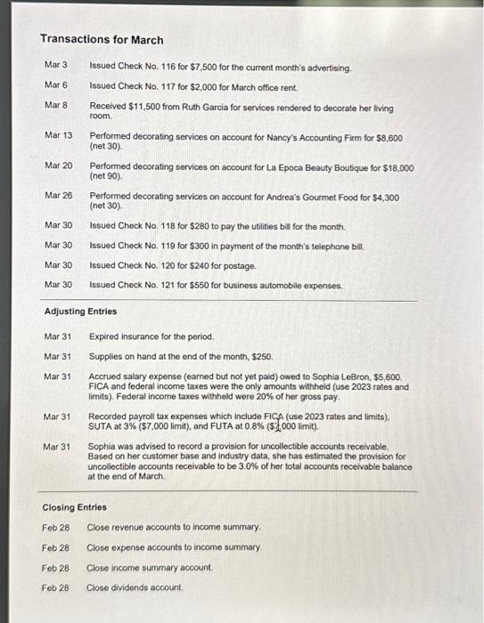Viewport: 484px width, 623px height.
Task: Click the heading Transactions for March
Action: (102, 40)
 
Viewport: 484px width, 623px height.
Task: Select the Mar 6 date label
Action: (55, 85)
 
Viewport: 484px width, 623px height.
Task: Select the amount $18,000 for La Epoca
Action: (398, 166)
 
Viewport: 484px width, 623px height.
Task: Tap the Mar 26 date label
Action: (58, 197)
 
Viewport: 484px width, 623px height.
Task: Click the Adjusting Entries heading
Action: (81, 311)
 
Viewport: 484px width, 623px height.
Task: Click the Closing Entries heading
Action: (75, 507)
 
